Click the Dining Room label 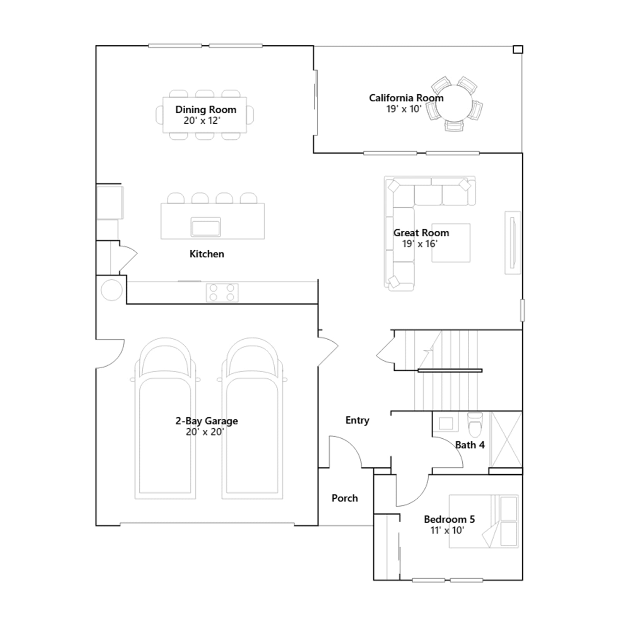click(206, 110)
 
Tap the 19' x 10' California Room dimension click(404, 109)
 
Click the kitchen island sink click(205, 227)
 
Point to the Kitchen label click(207, 254)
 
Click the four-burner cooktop click(222, 292)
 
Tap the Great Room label click(421, 233)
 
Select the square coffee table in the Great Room click(451, 243)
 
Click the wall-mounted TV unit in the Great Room click(513, 243)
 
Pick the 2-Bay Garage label click(207, 421)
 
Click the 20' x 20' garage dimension click(205, 432)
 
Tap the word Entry click(357, 421)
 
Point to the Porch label click(345, 498)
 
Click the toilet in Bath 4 click(475, 424)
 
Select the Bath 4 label click(470, 445)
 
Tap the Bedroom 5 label click(449, 519)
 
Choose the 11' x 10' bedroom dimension click(447, 530)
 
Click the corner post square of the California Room click(518, 50)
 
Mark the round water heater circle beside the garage click(112, 290)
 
